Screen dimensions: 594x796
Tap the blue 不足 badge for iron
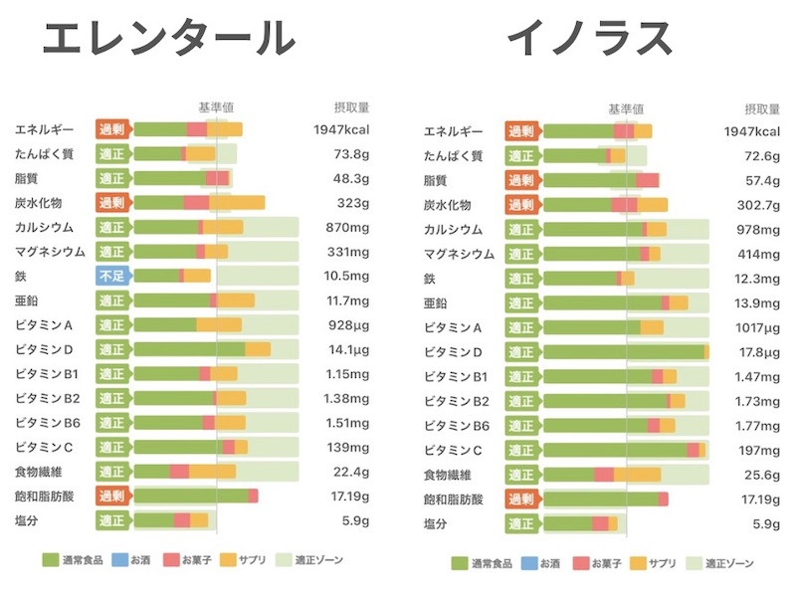coord(112,276)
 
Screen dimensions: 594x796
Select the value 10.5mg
coord(347,276)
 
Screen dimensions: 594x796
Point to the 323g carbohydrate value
coord(352,203)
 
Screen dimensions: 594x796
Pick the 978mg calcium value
coord(758,229)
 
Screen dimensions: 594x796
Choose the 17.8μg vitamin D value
coord(757,351)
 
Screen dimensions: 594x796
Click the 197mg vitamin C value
coord(759,449)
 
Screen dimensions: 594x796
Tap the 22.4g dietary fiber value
coord(350,471)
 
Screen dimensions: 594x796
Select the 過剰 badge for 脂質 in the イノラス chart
coord(522,180)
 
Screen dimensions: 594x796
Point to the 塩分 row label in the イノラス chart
coord(436,523)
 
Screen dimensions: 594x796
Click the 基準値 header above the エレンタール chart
coord(216,106)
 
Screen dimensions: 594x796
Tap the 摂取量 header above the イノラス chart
coord(762,108)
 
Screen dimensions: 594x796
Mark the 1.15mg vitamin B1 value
coord(347,373)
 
